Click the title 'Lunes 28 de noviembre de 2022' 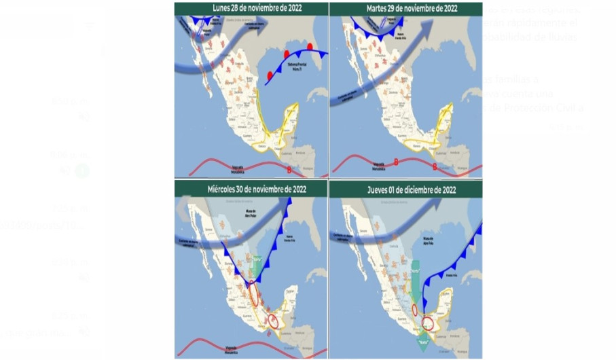click(251, 9)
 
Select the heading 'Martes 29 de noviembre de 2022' click(405, 9)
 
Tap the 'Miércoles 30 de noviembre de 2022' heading click(251, 188)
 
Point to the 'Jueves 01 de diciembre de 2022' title click(405, 189)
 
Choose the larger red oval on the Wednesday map click(253, 293)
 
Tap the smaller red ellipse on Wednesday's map click(273, 321)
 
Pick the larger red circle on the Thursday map click(428, 323)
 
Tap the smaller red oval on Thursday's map click(414, 310)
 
